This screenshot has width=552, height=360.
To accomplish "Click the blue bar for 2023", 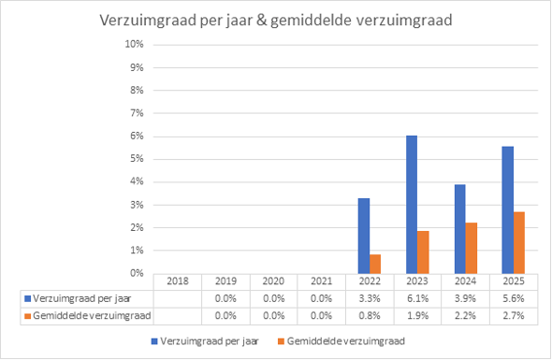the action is [x=412, y=205].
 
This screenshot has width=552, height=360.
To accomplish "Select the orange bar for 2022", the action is [x=375, y=264].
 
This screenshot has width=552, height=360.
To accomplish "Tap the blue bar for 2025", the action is [x=508, y=210].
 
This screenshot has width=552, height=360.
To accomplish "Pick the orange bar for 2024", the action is [x=472, y=248].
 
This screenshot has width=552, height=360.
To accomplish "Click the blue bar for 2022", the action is [x=364, y=237].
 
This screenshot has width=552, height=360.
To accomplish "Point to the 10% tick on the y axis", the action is [x=134, y=44].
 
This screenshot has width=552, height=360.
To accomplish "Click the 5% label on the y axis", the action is [x=137, y=159].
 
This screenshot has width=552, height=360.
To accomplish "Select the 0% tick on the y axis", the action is [x=137, y=273].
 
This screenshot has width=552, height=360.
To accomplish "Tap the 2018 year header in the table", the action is [x=178, y=281].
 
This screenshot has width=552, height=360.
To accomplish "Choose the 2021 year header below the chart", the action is [x=322, y=281].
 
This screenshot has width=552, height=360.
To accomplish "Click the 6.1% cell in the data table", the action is [x=417, y=299].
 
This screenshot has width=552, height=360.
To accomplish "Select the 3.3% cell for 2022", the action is [x=370, y=299].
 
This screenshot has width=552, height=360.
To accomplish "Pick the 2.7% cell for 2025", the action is [x=514, y=316].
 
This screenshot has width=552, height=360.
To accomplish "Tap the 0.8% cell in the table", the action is [x=370, y=316].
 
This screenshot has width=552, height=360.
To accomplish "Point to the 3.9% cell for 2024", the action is [x=465, y=299].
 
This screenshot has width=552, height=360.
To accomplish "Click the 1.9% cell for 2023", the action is [x=417, y=316].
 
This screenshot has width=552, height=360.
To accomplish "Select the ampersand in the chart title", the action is [x=261, y=20].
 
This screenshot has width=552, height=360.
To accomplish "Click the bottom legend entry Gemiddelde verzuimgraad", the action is [x=341, y=341].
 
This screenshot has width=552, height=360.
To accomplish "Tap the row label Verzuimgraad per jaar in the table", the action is [x=82, y=299].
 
